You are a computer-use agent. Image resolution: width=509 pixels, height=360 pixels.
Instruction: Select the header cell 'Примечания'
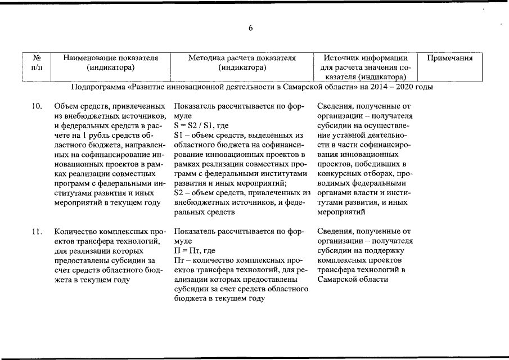[450, 58]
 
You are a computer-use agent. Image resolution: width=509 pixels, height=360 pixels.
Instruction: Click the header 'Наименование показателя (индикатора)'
[110, 62]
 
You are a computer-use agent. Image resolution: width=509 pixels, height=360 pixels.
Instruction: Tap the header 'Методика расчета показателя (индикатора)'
[242, 62]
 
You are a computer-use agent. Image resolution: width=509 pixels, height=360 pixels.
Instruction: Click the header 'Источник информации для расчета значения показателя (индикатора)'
[365, 67]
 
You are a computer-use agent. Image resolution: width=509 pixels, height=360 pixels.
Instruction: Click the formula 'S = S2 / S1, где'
[201, 125]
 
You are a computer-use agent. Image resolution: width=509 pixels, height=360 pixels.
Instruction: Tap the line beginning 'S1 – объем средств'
[238, 135]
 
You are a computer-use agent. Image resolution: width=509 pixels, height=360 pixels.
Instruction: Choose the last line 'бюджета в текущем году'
[219, 299]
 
